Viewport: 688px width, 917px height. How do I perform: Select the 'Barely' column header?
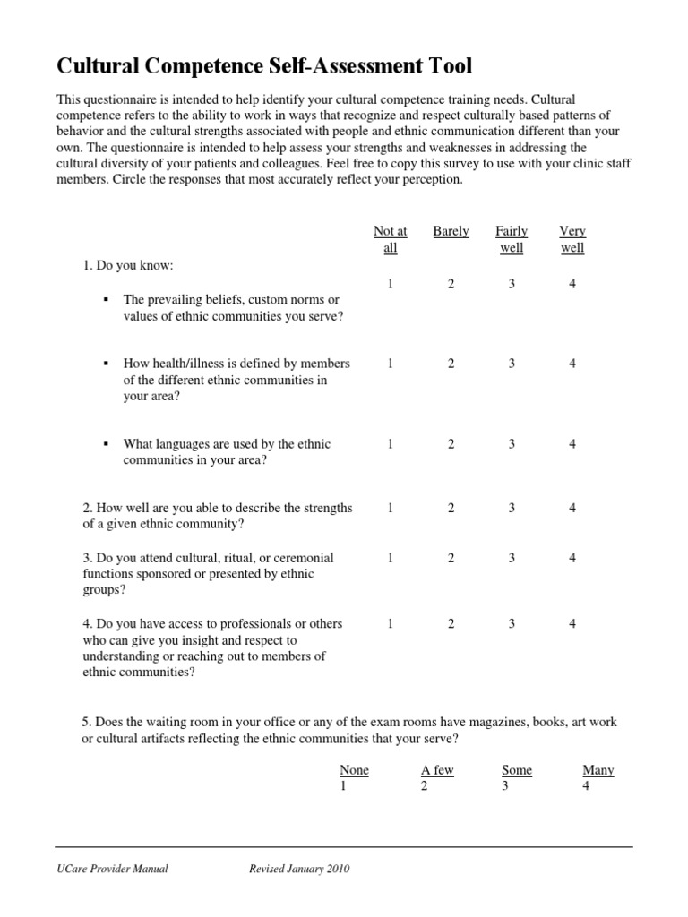pyautogui.click(x=451, y=231)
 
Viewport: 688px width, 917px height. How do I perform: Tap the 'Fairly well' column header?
pyautogui.click(x=512, y=239)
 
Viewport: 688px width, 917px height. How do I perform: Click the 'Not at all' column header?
pyautogui.click(x=390, y=239)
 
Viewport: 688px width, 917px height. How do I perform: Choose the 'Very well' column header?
pyautogui.click(x=572, y=239)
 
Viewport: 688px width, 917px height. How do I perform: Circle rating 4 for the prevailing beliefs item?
pyautogui.click(x=572, y=284)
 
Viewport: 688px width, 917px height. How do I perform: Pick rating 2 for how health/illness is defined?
pyautogui.click(x=451, y=364)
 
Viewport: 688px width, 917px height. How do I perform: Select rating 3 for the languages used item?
pyautogui.click(x=512, y=444)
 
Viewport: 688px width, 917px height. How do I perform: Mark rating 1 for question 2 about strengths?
pyautogui.click(x=391, y=508)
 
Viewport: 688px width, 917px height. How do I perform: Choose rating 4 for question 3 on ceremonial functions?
pyautogui.click(x=572, y=558)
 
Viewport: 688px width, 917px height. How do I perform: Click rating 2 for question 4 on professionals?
pyautogui.click(x=451, y=623)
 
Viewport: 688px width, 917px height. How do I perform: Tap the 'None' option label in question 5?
pyautogui.click(x=354, y=770)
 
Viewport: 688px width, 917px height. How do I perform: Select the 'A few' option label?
pyautogui.click(x=437, y=770)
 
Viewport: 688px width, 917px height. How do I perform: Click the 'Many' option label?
pyautogui.click(x=598, y=770)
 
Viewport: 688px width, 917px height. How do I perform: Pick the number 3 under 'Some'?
pyautogui.click(x=505, y=786)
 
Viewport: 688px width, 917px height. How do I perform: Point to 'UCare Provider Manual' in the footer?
pyautogui.click(x=112, y=869)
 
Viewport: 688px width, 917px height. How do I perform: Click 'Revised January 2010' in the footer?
pyautogui.click(x=299, y=869)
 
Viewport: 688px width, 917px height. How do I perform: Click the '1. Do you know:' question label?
pyautogui.click(x=128, y=266)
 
